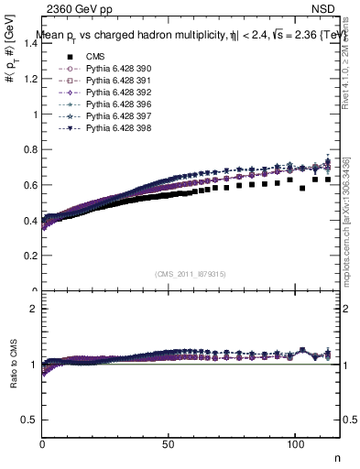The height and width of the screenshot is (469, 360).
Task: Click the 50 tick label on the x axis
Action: pos(169,442)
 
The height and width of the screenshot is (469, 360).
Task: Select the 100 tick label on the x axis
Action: pos(295,442)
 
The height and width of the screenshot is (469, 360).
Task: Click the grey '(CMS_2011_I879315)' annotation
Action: pos(191,274)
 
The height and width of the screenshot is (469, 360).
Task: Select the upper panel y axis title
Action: pos(11,82)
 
